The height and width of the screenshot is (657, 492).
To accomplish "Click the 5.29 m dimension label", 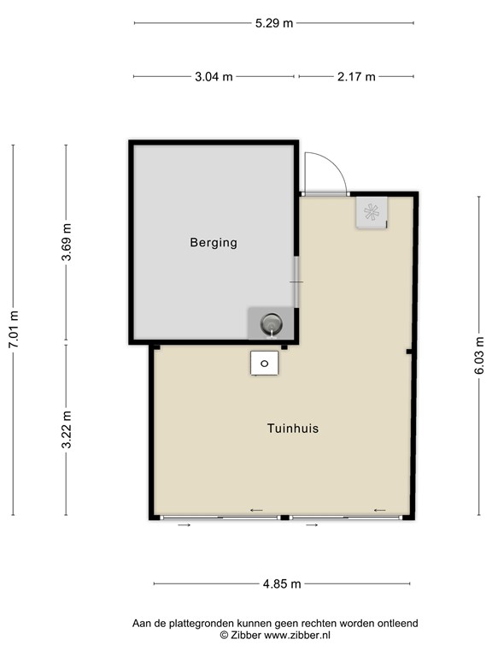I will (x=273, y=23).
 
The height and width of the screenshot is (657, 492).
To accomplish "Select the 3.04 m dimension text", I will (x=214, y=77).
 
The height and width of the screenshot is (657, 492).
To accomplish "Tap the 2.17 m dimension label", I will (x=356, y=77).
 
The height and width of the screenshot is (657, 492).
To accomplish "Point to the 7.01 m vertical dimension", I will (x=13, y=328).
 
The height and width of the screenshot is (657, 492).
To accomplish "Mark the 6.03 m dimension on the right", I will (x=479, y=356).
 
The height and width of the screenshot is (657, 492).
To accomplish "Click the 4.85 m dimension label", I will (x=282, y=584).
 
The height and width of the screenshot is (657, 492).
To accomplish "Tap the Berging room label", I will (x=213, y=243).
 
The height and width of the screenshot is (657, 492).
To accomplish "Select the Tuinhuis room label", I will (x=292, y=429).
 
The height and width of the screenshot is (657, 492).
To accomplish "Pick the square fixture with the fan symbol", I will (x=372, y=213).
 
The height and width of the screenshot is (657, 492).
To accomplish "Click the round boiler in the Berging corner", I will (x=270, y=324).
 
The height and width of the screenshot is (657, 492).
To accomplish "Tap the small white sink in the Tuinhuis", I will (x=264, y=364).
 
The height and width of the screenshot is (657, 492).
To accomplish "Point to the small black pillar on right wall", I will (x=410, y=352).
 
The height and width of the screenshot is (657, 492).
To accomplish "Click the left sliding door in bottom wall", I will (x=220, y=518).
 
